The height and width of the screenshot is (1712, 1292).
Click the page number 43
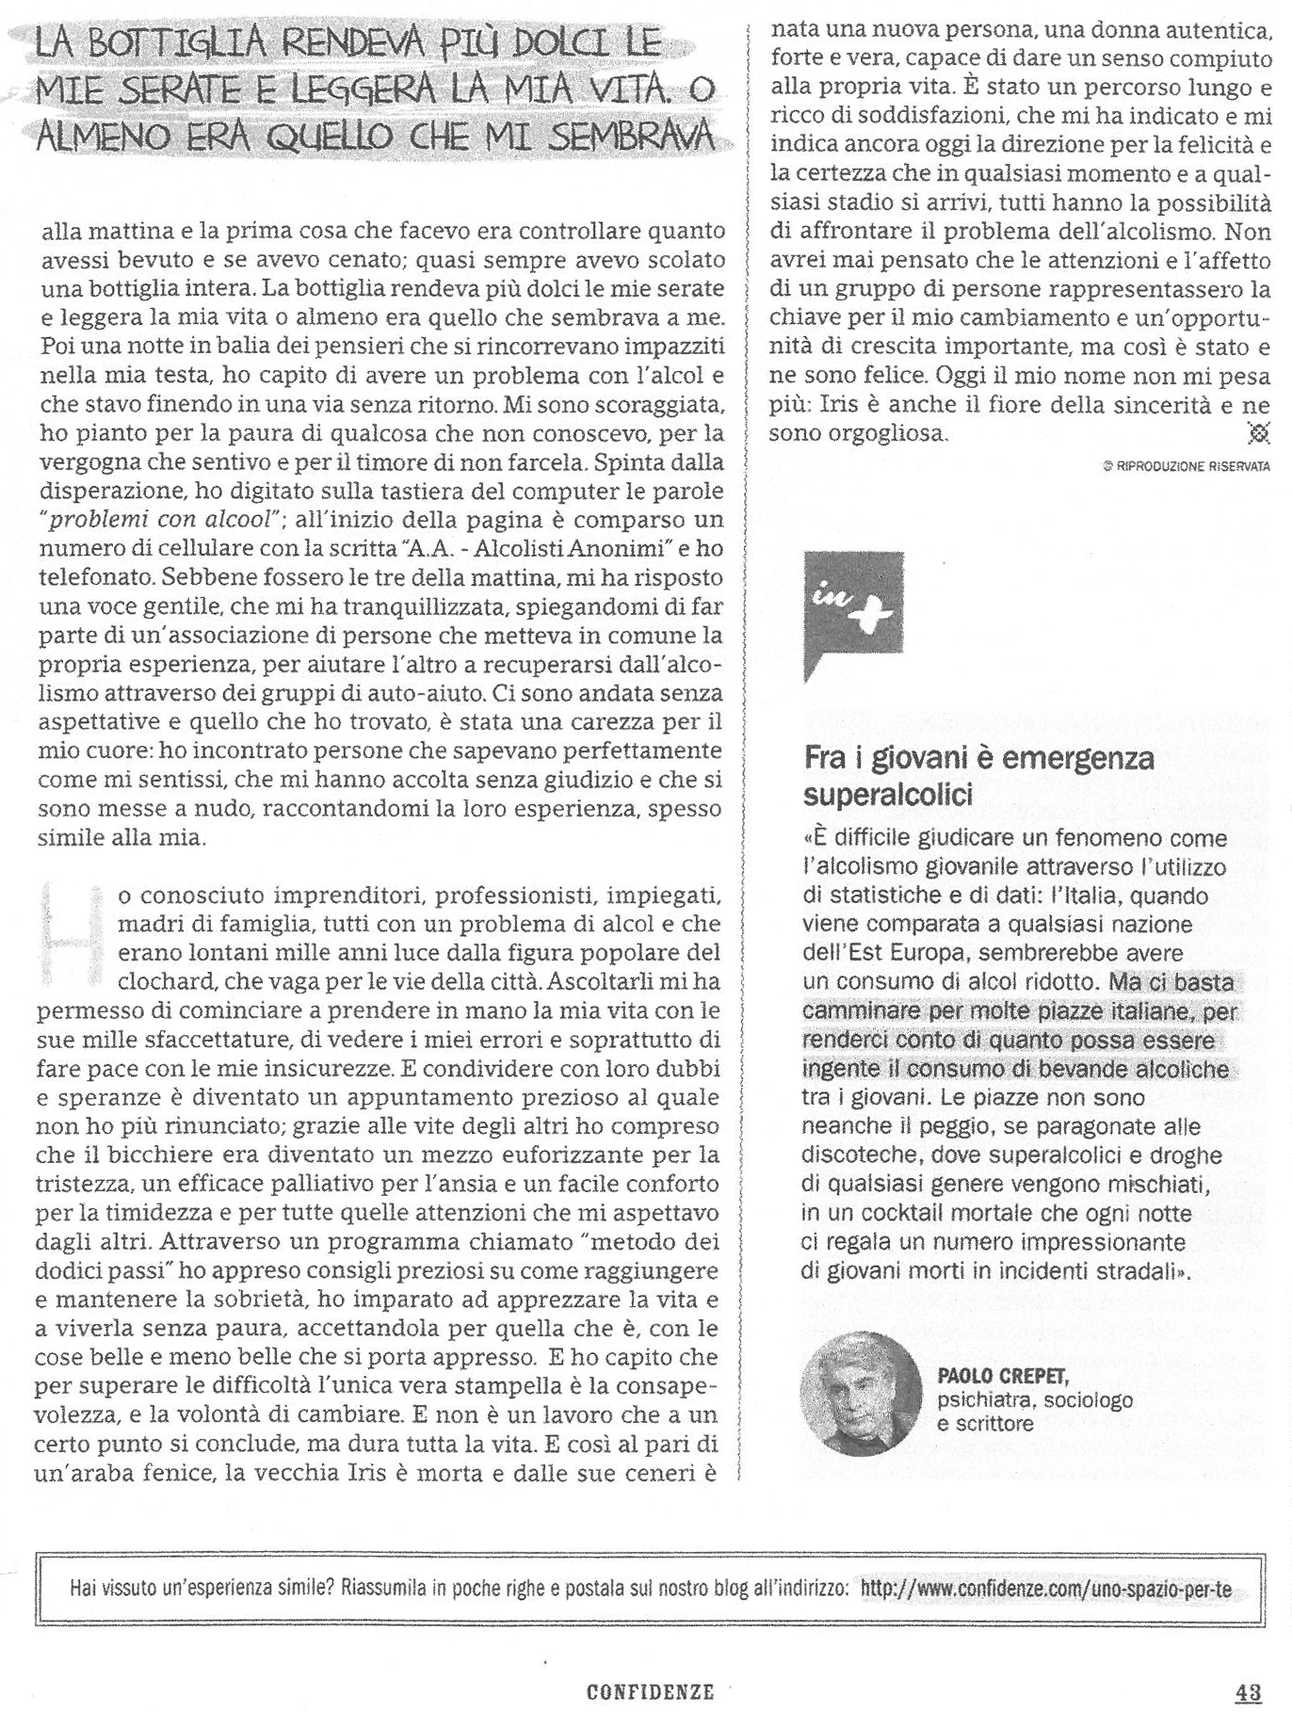[x=1248, y=1691]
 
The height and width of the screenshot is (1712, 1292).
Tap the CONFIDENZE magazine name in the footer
[x=650, y=1691]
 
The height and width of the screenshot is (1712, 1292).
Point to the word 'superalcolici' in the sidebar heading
[x=887, y=795]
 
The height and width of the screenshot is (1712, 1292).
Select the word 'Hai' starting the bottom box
[x=84, y=1591]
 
